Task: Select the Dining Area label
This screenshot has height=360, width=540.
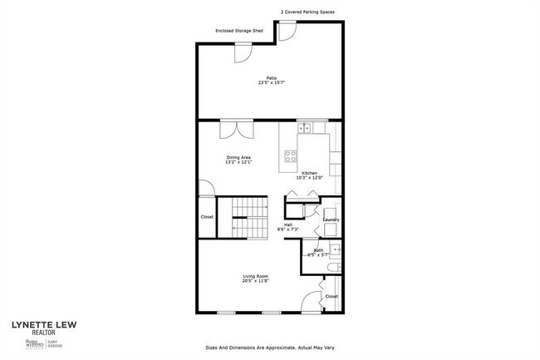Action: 238,157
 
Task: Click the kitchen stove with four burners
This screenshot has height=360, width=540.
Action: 291,155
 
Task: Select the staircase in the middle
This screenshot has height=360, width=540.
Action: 248,218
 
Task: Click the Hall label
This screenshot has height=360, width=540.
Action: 288,224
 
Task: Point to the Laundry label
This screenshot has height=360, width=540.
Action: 331,219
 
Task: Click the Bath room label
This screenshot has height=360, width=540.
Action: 319,249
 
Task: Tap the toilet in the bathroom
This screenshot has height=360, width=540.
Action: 331,269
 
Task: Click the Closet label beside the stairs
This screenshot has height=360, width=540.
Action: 207,217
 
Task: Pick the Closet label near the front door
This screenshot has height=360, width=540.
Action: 331,296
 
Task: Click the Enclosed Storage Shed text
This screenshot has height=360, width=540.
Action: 239,32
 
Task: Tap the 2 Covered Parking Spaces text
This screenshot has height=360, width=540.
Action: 307,12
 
